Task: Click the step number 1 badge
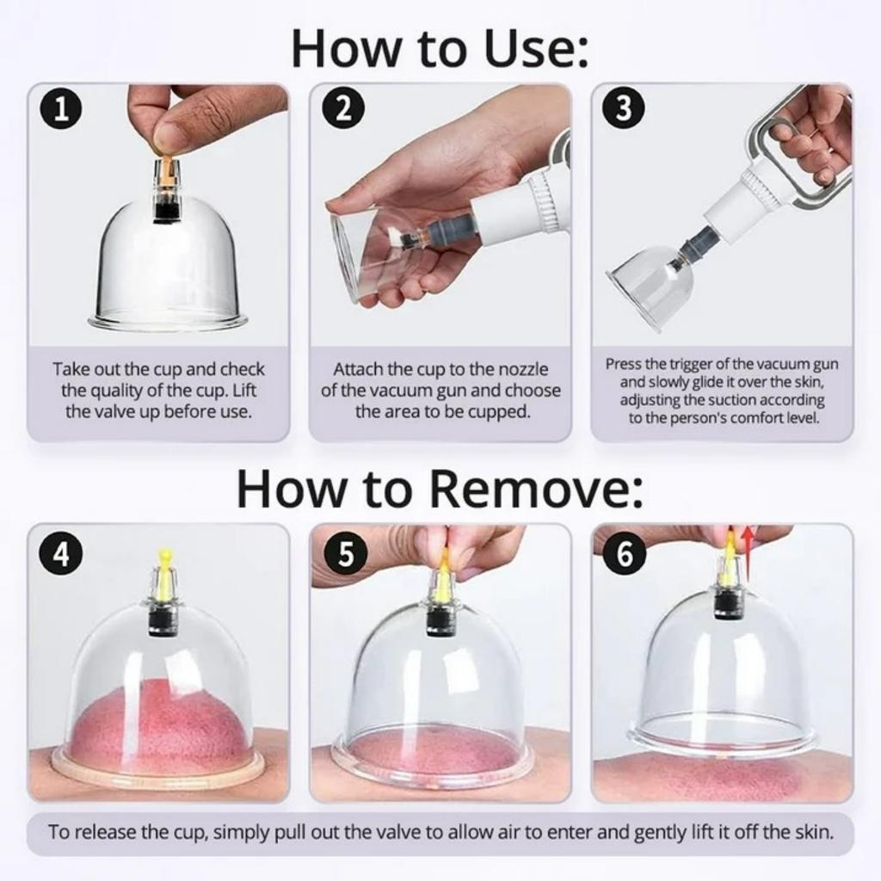[x=61, y=109]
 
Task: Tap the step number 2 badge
[x=344, y=108]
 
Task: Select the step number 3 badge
[x=623, y=108]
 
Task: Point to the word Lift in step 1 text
[x=244, y=391]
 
